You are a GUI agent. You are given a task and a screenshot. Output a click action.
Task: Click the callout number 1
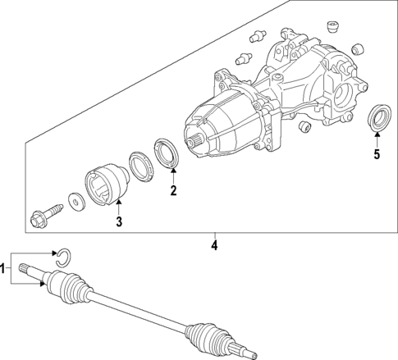[4, 268]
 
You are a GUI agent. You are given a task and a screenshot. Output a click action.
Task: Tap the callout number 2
[173, 192]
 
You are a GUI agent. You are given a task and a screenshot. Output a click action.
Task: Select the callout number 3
[118, 221]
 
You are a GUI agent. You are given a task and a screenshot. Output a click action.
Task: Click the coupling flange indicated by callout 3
[105, 182]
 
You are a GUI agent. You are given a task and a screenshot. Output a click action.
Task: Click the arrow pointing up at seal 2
[173, 177]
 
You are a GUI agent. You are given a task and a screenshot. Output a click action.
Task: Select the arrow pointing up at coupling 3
[118, 207]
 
